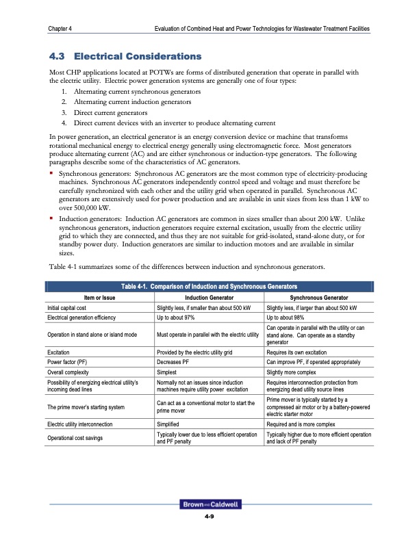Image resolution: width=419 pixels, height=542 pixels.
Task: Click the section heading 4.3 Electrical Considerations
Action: click(x=123, y=54)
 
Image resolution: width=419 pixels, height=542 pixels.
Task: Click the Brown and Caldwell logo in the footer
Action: click(x=209, y=505)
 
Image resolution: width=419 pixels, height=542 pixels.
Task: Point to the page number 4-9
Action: click(x=209, y=517)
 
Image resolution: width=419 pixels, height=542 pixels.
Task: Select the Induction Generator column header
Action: click(x=210, y=298)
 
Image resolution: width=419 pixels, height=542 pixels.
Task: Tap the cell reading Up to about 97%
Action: click(x=179, y=319)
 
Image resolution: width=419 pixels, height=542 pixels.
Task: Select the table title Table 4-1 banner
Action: click(x=209, y=286)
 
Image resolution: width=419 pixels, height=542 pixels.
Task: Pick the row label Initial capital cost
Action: click(x=68, y=309)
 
